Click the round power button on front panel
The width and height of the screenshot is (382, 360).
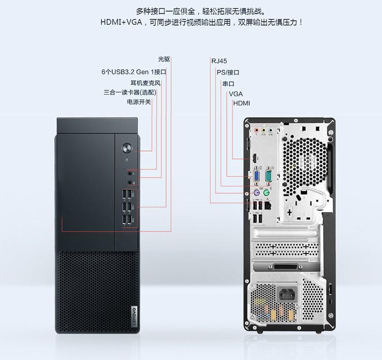pyautogui.click(x=127, y=148)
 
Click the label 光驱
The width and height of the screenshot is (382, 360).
pyautogui.click(x=164, y=59)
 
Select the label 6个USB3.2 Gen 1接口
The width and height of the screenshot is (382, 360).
pyautogui.click(x=134, y=72)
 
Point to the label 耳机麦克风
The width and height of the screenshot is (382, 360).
pyautogui.click(x=146, y=83)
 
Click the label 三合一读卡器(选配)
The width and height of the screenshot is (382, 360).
pyautogui.click(x=130, y=92)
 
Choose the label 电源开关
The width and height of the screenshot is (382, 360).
pyautogui.click(x=139, y=102)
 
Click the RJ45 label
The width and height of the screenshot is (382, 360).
pyautogui.click(x=219, y=61)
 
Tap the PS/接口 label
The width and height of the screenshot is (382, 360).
pyautogui.click(x=228, y=72)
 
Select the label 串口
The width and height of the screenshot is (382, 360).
pyautogui.click(x=228, y=84)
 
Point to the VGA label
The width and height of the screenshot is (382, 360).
pyautogui.click(x=235, y=94)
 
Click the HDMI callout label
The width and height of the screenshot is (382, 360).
pyautogui.click(x=242, y=103)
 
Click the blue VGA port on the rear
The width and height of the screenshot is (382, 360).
pyautogui.click(x=257, y=176)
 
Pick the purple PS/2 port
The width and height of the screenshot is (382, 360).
pyautogui.click(x=257, y=193)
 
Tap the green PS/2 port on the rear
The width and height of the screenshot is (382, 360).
pyautogui.click(x=267, y=193)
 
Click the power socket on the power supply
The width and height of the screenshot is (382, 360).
pyautogui.click(x=288, y=294)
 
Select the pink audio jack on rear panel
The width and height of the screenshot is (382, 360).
pyautogui.click(x=256, y=130)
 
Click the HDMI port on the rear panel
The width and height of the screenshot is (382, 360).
pyautogui.click(x=254, y=158)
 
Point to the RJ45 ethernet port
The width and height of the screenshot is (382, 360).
pyautogui.click(x=268, y=206)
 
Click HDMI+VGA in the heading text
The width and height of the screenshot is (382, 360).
pyautogui.click(x=121, y=22)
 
